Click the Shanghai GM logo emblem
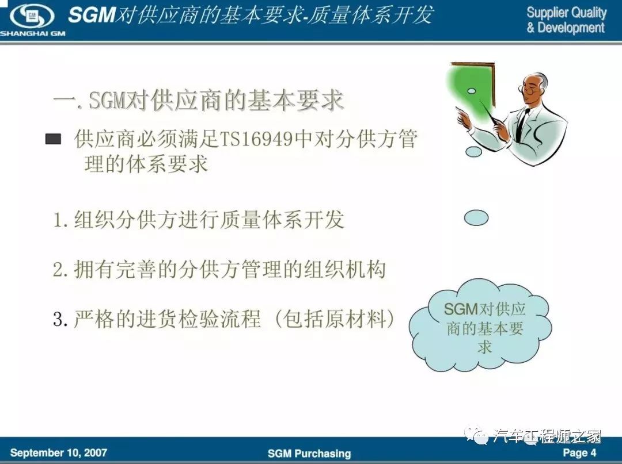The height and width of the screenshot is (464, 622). click(32, 16)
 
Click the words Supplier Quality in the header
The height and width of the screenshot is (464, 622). click(567, 13)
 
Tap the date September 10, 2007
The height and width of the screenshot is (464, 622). click(58, 453)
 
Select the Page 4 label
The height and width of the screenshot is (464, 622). click(579, 453)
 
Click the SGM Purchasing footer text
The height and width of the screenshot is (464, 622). click(309, 453)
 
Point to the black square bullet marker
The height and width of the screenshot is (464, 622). click(53, 139)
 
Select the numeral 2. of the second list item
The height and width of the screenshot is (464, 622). click(60, 270)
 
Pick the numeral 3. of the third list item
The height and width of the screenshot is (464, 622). click(60, 319)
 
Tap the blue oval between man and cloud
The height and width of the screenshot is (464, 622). click(476, 218)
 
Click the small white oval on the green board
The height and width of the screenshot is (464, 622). click(472, 91)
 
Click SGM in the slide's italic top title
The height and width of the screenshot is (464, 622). click(92, 16)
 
